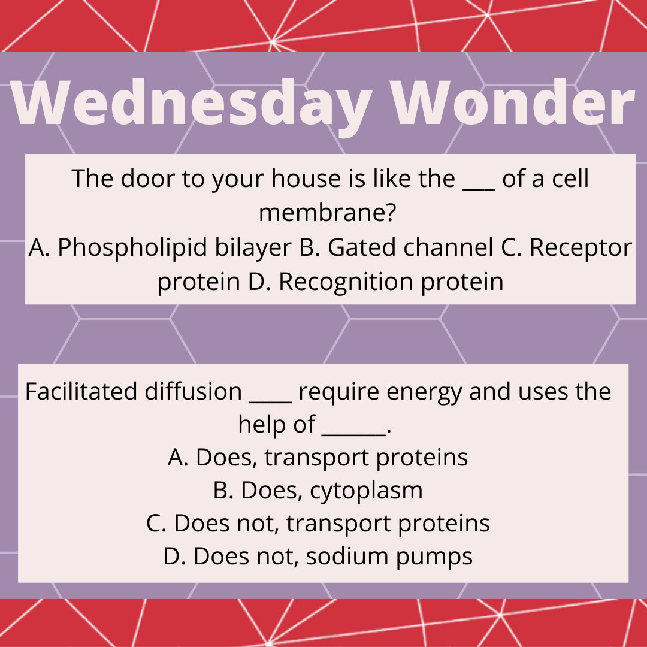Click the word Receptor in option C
[x=579, y=248]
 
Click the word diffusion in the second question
[x=194, y=392]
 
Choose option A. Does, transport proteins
[x=318, y=458]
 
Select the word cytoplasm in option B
[x=366, y=491]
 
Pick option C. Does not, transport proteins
[x=318, y=523]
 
